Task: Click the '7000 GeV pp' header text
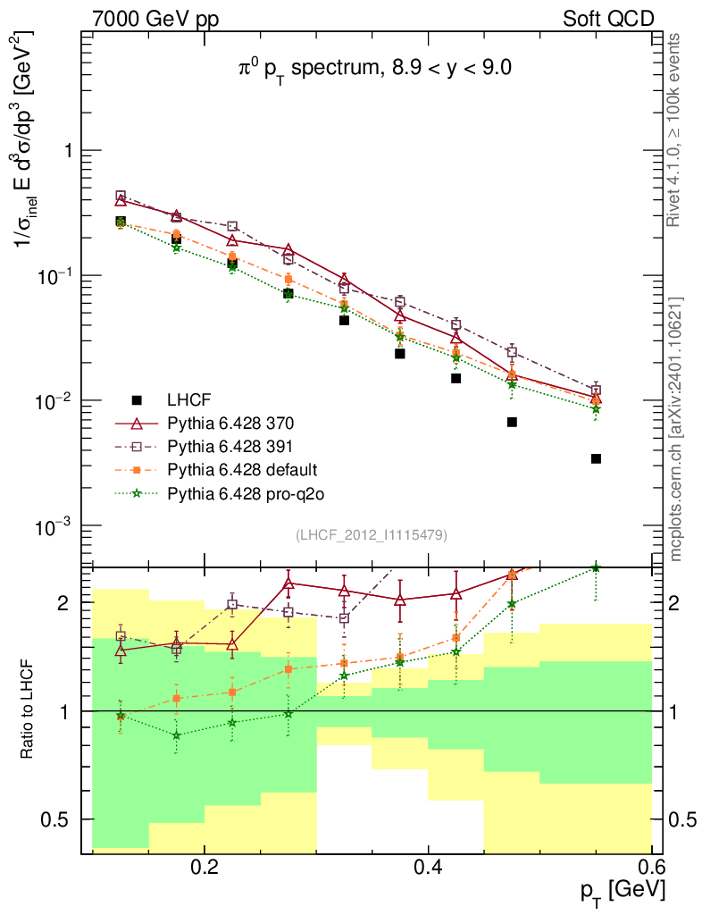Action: tap(148, 18)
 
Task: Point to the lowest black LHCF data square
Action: tap(596, 458)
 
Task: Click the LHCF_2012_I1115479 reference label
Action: tap(372, 534)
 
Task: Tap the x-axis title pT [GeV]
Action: tap(623, 889)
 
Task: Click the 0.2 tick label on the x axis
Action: tap(205, 866)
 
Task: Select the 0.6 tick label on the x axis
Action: tap(652, 866)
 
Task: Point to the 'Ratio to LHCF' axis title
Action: tap(29, 709)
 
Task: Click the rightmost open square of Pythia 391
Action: tap(596, 390)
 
